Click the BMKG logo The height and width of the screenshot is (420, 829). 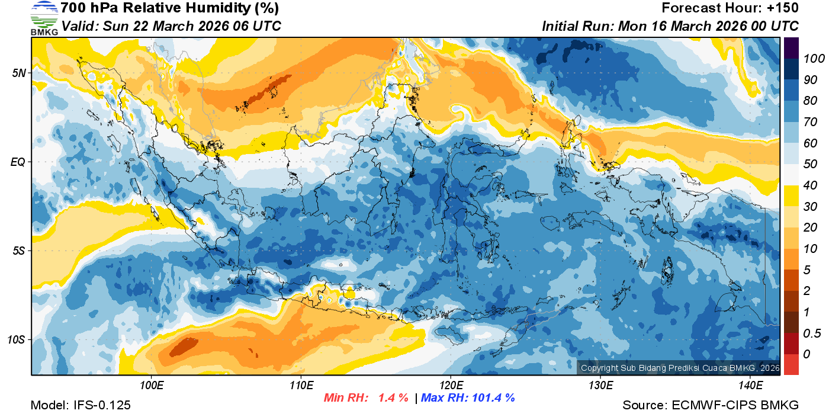[x=44, y=18]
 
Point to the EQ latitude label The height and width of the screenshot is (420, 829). [x=18, y=162]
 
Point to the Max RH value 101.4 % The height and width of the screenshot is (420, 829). [x=491, y=397]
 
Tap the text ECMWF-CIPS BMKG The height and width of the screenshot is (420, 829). [x=735, y=405]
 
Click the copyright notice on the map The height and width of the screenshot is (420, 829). [x=680, y=368]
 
